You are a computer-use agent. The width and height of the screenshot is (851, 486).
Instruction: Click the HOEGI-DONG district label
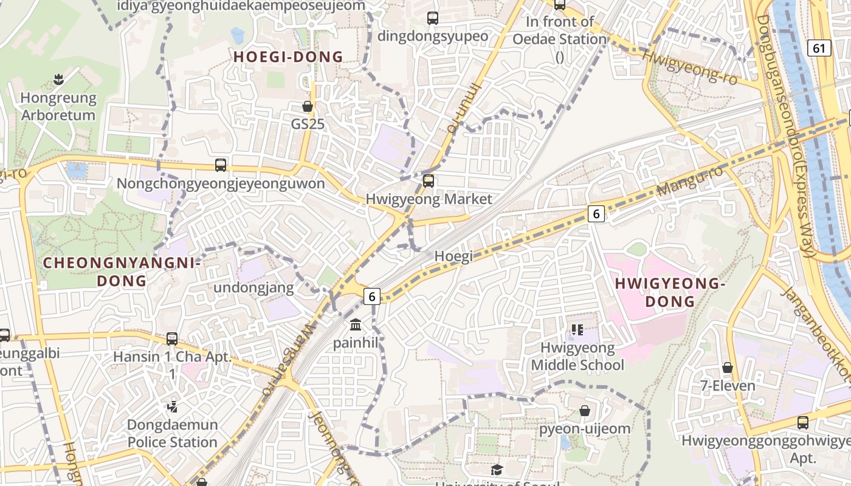coord(289,57)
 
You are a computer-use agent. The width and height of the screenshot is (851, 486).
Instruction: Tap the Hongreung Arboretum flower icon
coord(58,79)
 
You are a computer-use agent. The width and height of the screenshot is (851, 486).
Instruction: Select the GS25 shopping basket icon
coord(308,106)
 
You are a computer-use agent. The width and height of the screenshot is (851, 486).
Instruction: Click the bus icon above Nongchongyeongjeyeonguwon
coord(221,165)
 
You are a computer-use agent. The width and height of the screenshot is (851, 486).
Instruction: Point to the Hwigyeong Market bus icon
coord(429,180)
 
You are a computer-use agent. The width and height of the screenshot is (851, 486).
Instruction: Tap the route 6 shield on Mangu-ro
coord(596,214)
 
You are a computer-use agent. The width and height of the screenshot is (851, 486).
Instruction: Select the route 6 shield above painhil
coord(372,296)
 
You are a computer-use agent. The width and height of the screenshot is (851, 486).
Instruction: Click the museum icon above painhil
coord(356,324)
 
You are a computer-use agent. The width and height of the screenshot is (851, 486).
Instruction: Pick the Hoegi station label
coord(453,256)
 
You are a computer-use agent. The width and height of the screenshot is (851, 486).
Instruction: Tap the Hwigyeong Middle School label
coord(577,357)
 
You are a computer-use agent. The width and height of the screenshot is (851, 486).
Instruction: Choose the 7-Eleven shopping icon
coord(727,368)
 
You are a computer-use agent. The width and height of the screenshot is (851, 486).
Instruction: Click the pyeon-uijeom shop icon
coord(585,411)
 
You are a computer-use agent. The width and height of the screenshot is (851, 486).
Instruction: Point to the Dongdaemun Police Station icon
coord(172,406)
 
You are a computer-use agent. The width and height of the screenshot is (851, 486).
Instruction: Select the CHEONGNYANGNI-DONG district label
coord(122,272)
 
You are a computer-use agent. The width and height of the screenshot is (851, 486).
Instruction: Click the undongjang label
coord(254,287)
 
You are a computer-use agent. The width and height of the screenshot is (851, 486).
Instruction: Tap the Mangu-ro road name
coord(690,180)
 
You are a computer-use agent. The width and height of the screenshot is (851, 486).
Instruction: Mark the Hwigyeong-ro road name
coord(690,66)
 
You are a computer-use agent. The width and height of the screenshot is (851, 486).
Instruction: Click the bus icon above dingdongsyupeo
coord(433,18)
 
